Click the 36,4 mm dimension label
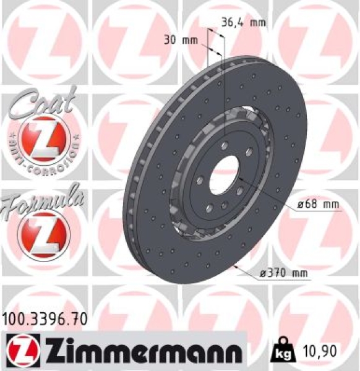pyautogui.click(x=242, y=23)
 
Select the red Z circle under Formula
pyautogui.click(x=44, y=234)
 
